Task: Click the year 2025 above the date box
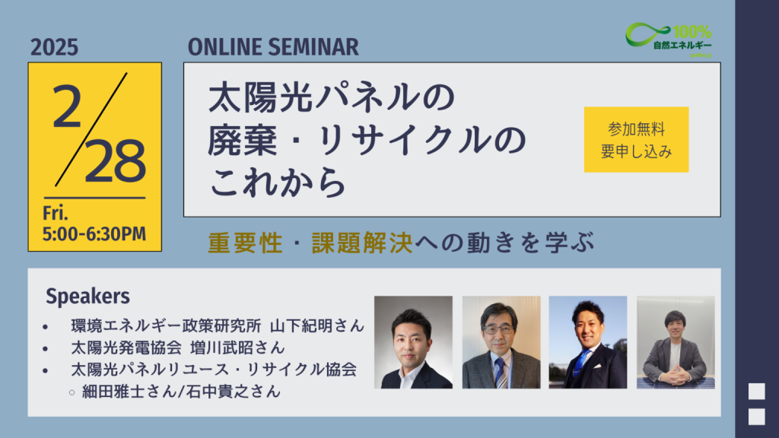click(x=54, y=47)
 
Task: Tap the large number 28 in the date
click(x=116, y=161)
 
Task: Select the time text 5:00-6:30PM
click(x=94, y=234)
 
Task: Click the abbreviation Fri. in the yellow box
click(x=55, y=213)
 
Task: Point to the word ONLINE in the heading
click(x=225, y=47)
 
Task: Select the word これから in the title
click(x=277, y=182)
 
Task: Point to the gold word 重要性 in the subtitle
click(x=246, y=243)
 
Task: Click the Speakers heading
click(x=87, y=296)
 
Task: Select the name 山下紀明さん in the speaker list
click(x=317, y=325)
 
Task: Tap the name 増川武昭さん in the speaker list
click(x=237, y=348)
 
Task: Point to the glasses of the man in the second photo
click(x=498, y=328)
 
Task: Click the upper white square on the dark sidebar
click(x=757, y=392)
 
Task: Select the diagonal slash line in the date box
click(x=91, y=129)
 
